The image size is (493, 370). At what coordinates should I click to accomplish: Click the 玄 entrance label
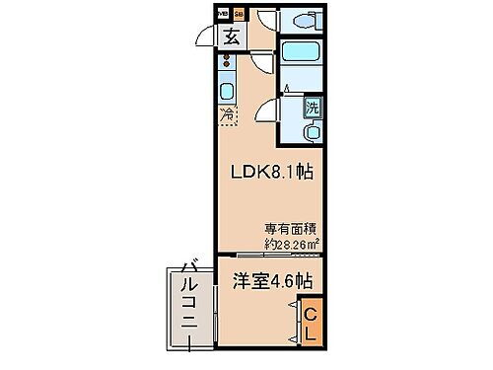[x=230, y=39]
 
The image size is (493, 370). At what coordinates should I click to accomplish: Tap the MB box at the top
[x=222, y=14]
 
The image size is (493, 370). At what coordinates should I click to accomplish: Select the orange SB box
[x=238, y=14]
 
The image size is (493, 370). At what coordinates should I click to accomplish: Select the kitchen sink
[x=226, y=92]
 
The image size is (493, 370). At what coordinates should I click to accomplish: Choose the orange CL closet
[x=309, y=321]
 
